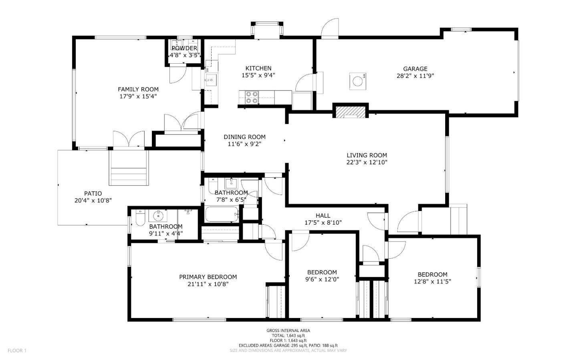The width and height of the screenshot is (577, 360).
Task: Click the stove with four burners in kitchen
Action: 252,97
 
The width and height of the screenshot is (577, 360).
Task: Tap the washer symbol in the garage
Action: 357,80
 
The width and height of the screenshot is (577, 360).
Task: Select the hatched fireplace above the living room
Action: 351,112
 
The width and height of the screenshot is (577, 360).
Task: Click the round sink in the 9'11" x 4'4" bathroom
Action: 157,216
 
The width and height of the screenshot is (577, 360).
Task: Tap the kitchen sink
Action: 210,80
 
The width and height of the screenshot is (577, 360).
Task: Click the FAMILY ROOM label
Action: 138,89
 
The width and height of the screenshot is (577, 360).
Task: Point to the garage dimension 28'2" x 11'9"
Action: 415,76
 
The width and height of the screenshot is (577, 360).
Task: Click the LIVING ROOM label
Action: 367,155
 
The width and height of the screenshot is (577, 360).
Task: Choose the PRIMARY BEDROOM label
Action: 208,277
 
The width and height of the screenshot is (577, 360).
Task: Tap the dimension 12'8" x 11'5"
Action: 432,282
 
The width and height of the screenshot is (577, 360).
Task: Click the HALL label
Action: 323,215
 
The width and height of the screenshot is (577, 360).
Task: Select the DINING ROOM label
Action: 244,137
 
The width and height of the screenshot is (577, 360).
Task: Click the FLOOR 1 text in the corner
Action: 17,351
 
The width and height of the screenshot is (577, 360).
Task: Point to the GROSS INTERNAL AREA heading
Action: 288,330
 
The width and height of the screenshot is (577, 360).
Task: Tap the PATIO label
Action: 93,193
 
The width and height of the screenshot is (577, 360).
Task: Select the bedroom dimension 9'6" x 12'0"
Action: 322,280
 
